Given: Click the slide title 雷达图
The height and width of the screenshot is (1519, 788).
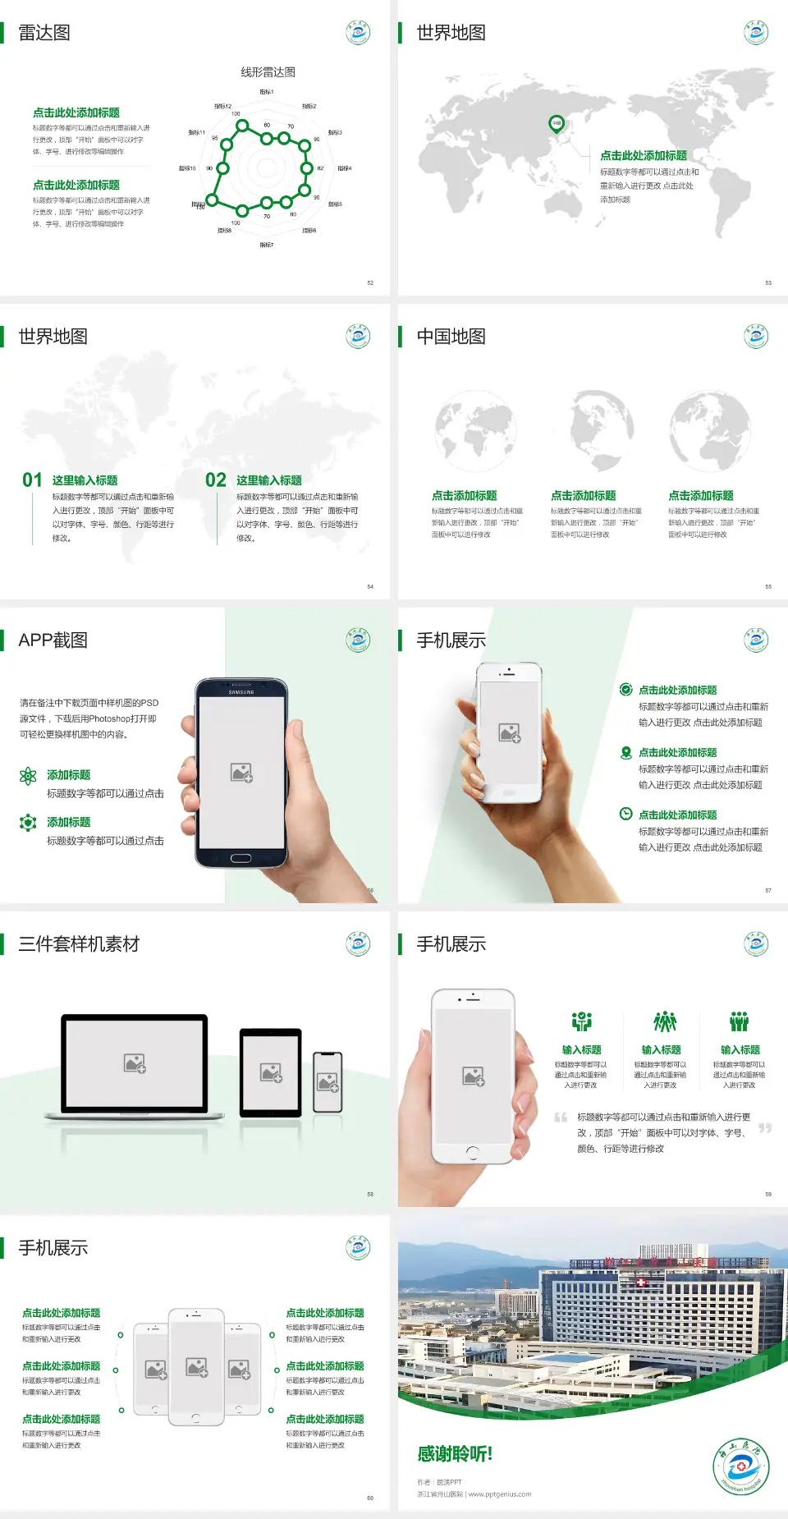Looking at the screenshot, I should [x=44, y=33].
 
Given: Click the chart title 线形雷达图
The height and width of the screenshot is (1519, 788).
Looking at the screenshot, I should [x=268, y=72].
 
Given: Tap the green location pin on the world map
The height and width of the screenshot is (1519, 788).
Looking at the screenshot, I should [x=556, y=124].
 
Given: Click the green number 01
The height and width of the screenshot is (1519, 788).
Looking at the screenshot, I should [x=32, y=480].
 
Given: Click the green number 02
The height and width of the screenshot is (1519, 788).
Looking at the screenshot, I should [x=216, y=480].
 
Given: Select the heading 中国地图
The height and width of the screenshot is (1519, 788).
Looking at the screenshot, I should [x=451, y=337].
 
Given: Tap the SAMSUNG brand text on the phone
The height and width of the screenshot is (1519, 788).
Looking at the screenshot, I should [x=241, y=692].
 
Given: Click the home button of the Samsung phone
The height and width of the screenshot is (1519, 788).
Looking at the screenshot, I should [x=241, y=858].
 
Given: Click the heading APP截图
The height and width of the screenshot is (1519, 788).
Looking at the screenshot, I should [x=53, y=640].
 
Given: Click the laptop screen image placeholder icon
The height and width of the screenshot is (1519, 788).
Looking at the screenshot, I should [x=135, y=1063].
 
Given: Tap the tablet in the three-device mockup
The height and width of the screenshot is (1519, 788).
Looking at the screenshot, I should [x=271, y=1072].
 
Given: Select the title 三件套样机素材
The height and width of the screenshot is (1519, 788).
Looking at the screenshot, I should [x=79, y=944].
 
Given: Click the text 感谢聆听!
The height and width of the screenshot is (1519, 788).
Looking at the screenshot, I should [x=455, y=1454].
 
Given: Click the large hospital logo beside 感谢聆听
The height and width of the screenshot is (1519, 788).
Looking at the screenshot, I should [x=740, y=1466].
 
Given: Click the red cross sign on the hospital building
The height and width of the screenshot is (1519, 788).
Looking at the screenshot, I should [x=642, y=1282].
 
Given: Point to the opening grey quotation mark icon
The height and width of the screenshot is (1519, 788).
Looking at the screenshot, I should [x=561, y=1117].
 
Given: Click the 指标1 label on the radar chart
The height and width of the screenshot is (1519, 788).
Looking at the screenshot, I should [x=267, y=92].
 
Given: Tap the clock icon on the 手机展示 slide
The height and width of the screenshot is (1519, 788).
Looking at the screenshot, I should [x=625, y=814].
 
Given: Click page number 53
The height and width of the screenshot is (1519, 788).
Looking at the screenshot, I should [x=768, y=282].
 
